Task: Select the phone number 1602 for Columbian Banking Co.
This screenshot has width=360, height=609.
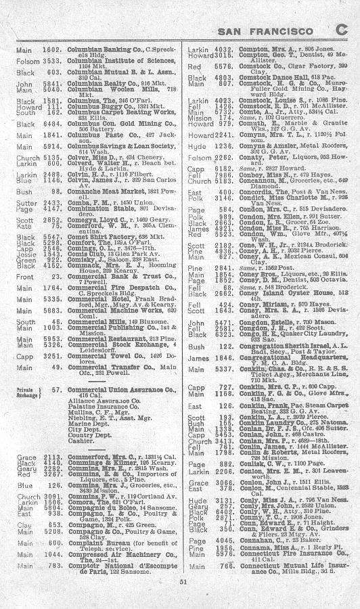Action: click(x=52, y=49)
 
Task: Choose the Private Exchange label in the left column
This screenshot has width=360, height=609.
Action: click(x=26, y=394)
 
